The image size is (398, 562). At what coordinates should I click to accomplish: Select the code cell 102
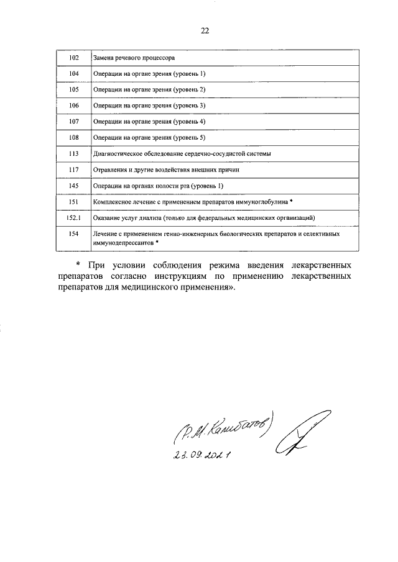point(73,58)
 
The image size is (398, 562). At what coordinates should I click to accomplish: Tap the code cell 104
point(73,74)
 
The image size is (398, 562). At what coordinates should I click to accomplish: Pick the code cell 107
point(73,122)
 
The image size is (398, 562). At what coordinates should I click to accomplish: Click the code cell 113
point(73,154)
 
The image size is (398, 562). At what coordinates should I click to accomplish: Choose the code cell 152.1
point(73,219)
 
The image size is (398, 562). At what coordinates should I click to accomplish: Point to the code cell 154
point(73,235)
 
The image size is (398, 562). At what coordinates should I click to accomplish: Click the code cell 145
point(73,186)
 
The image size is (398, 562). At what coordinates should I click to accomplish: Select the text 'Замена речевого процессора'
point(134,58)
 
